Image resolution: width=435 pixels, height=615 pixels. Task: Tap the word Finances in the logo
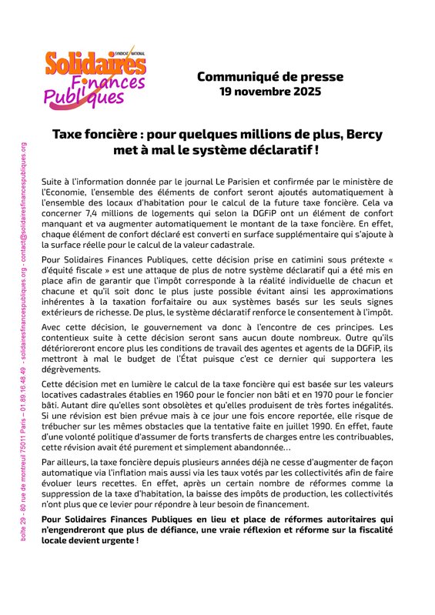point(115,82)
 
